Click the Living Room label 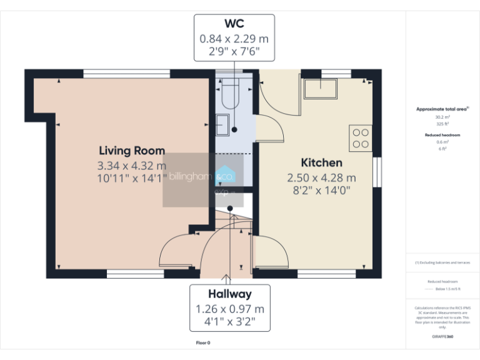click(132, 151)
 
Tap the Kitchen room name click(321, 162)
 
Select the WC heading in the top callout click(234, 24)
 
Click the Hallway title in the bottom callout click(230, 294)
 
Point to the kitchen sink click(321, 89)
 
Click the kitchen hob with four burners click(361, 138)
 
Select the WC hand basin click(223, 125)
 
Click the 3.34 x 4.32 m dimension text click(132, 166)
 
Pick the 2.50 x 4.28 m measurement click(321, 177)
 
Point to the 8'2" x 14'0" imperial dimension click(321, 190)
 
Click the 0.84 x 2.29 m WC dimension click(234, 39)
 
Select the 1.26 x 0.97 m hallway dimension click(230, 309)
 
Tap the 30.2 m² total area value click(442, 117)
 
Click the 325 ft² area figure click(442, 124)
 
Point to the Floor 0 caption click(203, 343)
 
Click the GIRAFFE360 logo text click(442, 337)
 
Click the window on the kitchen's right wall click(377, 172)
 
